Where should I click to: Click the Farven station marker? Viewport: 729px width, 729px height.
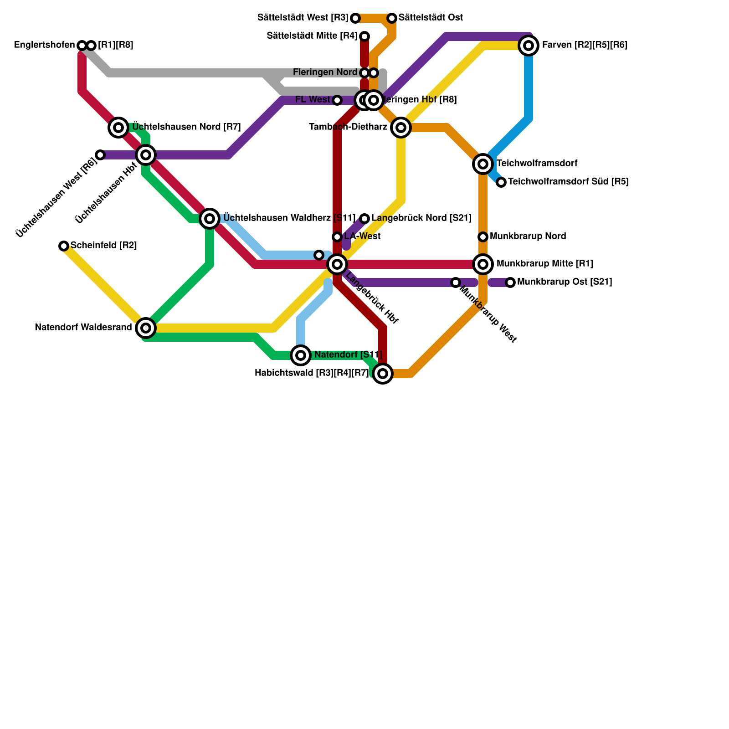(x=529, y=46)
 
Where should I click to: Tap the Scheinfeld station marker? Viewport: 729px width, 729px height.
(x=64, y=246)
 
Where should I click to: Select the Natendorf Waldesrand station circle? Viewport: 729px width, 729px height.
(x=146, y=328)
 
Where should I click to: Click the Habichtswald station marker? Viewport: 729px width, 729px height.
(x=383, y=374)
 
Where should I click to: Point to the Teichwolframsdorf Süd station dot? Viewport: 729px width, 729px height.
(x=501, y=182)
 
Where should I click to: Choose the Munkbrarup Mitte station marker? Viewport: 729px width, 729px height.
(x=483, y=264)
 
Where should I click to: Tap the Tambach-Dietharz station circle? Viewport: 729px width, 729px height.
(x=401, y=128)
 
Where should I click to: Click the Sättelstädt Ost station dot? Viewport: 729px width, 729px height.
(x=392, y=18)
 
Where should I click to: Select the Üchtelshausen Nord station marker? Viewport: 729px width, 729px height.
(x=118, y=128)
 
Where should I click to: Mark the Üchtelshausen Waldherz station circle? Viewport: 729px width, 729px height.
(x=210, y=219)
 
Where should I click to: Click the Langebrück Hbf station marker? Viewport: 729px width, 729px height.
(x=337, y=264)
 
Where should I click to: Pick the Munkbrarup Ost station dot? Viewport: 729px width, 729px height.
(x=510, y=282)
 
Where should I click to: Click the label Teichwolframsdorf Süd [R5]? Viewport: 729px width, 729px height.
(x=568, y=182)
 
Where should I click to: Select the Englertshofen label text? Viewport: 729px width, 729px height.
(x=44, y=45)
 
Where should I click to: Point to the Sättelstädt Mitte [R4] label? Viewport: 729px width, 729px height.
(x=312, y=36)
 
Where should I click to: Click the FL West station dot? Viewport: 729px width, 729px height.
(x=337, y=100)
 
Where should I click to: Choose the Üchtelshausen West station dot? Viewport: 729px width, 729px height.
(x=100, y=155)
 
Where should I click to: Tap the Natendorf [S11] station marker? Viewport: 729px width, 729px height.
(x=301, y=355)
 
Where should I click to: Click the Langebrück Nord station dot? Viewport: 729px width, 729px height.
(x=364, y=219)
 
